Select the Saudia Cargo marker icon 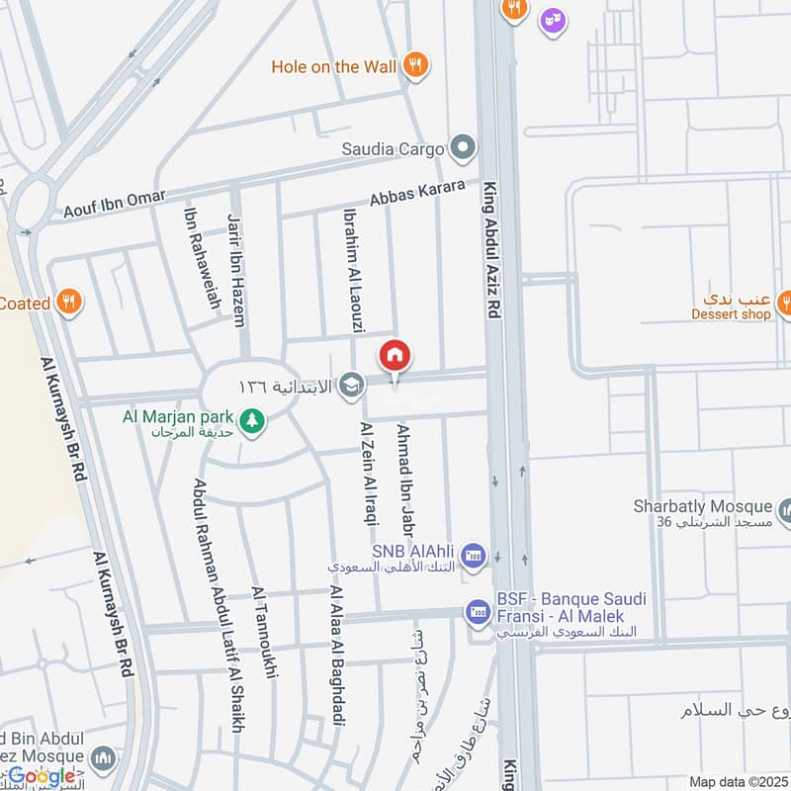(x=462, y=149)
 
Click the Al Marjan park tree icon (x=254, y=419)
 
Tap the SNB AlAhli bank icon (x=474, y=553)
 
